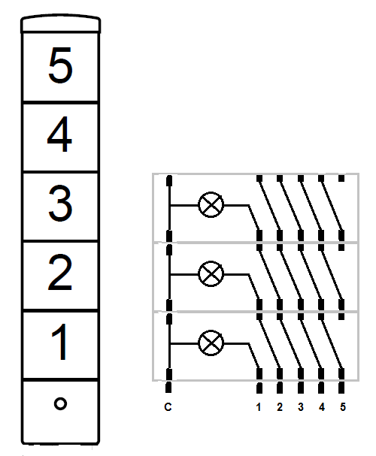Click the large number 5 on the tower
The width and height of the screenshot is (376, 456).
click(60, 65)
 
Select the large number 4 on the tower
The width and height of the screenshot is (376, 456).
click(59, 134)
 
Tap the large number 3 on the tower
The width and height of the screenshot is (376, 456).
click(60, 204)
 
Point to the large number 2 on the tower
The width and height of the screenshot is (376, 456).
click(60, 273)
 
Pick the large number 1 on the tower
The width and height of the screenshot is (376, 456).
click(60, 342)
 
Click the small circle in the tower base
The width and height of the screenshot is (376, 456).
click(60, 403)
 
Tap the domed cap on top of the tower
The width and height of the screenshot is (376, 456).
click(60, 23)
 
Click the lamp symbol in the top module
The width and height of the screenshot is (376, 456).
click(211, 205)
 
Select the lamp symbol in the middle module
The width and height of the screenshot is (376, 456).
click(211, 274)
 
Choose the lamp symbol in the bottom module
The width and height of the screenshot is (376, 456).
click(211, 343)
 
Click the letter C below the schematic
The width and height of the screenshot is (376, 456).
click(168, 407)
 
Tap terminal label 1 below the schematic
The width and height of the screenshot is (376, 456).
click(259, 407)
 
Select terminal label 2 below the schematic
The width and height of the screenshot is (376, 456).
click(280, 407)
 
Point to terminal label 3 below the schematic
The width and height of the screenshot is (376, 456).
click(301, 407)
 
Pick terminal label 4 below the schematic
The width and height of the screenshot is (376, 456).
click(322, 407)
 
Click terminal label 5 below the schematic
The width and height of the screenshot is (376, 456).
click(343, 407)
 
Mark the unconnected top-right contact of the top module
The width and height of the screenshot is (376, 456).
click(341, 178)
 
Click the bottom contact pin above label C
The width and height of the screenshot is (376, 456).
click(168, 388)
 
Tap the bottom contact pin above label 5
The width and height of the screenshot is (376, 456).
click(341, 388)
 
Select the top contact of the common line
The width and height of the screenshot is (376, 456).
click(168, 180)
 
